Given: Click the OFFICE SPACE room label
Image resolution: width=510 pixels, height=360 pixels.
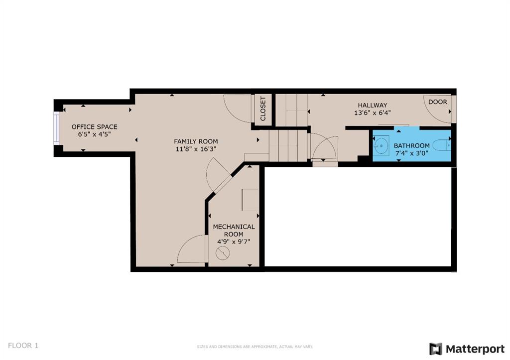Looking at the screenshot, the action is [94, 127].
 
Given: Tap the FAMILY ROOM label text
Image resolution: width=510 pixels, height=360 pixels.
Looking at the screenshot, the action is [196, 141].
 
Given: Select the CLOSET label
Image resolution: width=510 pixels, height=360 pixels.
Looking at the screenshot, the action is [263, 109].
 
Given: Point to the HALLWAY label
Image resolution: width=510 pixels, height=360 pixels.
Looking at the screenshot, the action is [373, 106].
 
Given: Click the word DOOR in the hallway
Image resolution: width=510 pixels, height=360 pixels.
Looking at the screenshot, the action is [437, 102].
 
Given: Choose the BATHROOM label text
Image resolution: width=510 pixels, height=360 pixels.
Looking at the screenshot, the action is [412, 146].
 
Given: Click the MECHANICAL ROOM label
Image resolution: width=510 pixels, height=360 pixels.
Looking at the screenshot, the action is [234, 230].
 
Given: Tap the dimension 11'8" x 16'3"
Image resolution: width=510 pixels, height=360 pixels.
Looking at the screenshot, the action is [196, 149].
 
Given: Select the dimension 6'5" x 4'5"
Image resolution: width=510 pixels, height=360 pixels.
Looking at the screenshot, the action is [94, 134].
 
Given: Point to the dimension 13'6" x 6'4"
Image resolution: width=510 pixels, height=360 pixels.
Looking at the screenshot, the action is [373, 113].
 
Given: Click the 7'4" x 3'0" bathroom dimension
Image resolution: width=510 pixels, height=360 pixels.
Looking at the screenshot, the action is [412, 153].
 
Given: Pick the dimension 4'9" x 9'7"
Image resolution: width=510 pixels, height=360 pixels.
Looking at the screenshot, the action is [234, 242].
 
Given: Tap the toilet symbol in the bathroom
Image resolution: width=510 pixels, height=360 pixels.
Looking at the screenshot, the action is [442, 145].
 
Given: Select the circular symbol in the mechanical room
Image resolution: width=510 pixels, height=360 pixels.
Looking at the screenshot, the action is [223, 253].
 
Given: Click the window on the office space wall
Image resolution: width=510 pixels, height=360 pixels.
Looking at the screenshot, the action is [57, 128].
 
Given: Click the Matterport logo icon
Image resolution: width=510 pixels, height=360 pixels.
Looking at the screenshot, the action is [436, 349].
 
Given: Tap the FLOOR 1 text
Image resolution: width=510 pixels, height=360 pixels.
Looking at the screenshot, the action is [23, 346].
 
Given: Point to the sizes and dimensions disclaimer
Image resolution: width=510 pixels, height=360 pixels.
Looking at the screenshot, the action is [255, 347].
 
